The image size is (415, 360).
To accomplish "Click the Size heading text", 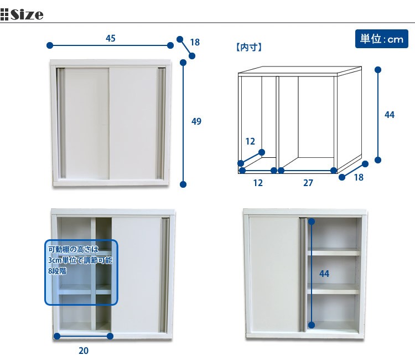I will coord(27,14).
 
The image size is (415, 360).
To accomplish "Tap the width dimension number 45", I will coord(111,38).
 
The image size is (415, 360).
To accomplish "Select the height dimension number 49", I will coord(196,121).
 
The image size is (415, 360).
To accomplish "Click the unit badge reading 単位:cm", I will coord(381,39).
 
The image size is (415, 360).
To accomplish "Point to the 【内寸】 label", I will coord(248,48).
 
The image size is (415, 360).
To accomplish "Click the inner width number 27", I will coord(308,183).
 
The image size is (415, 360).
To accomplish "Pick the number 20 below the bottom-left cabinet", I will coord(84,350).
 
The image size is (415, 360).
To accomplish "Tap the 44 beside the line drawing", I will coord(389,115).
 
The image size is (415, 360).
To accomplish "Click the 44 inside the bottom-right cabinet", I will coord(325,274).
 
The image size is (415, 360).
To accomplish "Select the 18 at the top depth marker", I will coord(195,42).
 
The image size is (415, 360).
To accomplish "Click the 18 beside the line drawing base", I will coord(358,177).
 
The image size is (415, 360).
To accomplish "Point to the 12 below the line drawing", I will coord(258,183).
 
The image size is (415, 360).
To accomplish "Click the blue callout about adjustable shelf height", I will coord(81,271).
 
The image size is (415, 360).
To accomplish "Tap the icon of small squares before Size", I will coord(5,14).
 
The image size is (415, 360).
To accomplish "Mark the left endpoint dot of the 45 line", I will coord(50,45).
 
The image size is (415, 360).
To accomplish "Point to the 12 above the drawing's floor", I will coord(250,141).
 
